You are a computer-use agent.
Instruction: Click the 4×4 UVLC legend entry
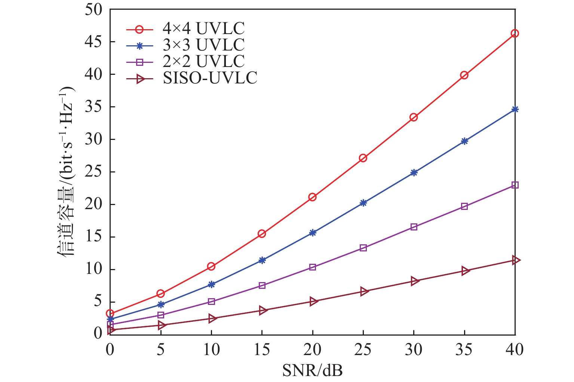pyautogui.click(x=203, y=29)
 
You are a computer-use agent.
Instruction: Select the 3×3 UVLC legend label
pyautogui.click(x=203, y=45)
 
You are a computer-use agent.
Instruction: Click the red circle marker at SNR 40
pyautogui.click(x=515, y=33)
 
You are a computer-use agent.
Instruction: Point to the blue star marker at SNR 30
pyautogui.click(x=414, y=172)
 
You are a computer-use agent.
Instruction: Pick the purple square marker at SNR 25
pyautogui.click(x=363, y=248)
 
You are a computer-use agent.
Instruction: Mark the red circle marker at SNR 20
pyautogui.click(x=312, y=197)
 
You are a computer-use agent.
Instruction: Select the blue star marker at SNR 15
pyautogui.click(x=262, y=260)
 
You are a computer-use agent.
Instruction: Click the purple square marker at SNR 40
pyautogui.click(x=515, y=185)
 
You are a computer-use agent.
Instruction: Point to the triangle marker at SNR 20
pyautogui.click(x=313, y=301)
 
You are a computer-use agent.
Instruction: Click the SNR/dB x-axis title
pyautogui.click(x=312, y=371)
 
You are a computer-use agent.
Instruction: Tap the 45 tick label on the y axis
pyautogui.click(x=93, y=42)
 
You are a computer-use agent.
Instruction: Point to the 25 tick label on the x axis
pyautogui.click(x=363, y=350)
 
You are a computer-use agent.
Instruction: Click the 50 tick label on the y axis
pyautogui.click(x=93, y=9)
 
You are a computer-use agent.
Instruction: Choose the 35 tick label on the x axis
pyautogui.click(x=464, y=350)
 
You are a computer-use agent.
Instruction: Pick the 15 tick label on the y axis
pyautogui.click(x=93, y=237)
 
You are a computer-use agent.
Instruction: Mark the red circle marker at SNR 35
pyautogui.click(x=464, y=75)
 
